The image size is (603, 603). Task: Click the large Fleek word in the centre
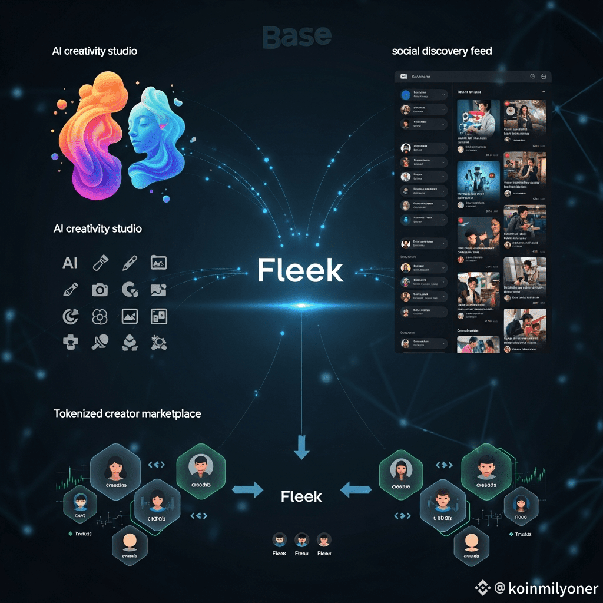tap(300, 271)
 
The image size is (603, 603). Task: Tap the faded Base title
tap(297, 37)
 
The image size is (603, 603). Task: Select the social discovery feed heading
tap(442, 51)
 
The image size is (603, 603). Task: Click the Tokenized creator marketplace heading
tap(127, 413)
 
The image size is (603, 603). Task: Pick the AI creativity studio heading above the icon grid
tap(97, 228)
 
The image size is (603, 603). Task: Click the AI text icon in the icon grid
tap(70, 263)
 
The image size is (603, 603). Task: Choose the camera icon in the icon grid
tap(100, 290)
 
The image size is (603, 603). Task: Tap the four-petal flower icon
tap(100, 317)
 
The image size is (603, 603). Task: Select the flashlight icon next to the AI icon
tap(100, 263)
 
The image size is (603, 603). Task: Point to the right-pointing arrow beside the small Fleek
tap(248, 490)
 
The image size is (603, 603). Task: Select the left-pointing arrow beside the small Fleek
tap(356, 489)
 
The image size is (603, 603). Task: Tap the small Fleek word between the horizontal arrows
tap(301, 496)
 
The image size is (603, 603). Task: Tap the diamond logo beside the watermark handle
tap(483, 587)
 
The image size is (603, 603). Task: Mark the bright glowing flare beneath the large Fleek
tap(301, 305)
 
